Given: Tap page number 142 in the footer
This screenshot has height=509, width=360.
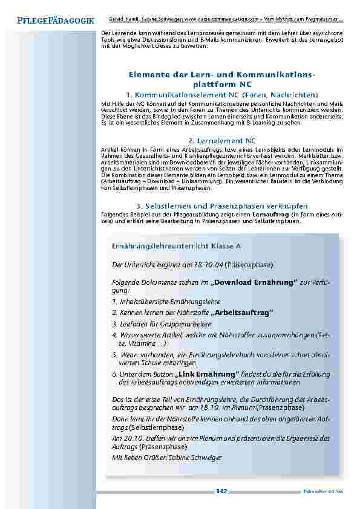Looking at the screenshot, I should pos(221,491).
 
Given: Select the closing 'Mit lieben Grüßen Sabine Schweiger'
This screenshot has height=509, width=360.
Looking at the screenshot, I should pos(168,458).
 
